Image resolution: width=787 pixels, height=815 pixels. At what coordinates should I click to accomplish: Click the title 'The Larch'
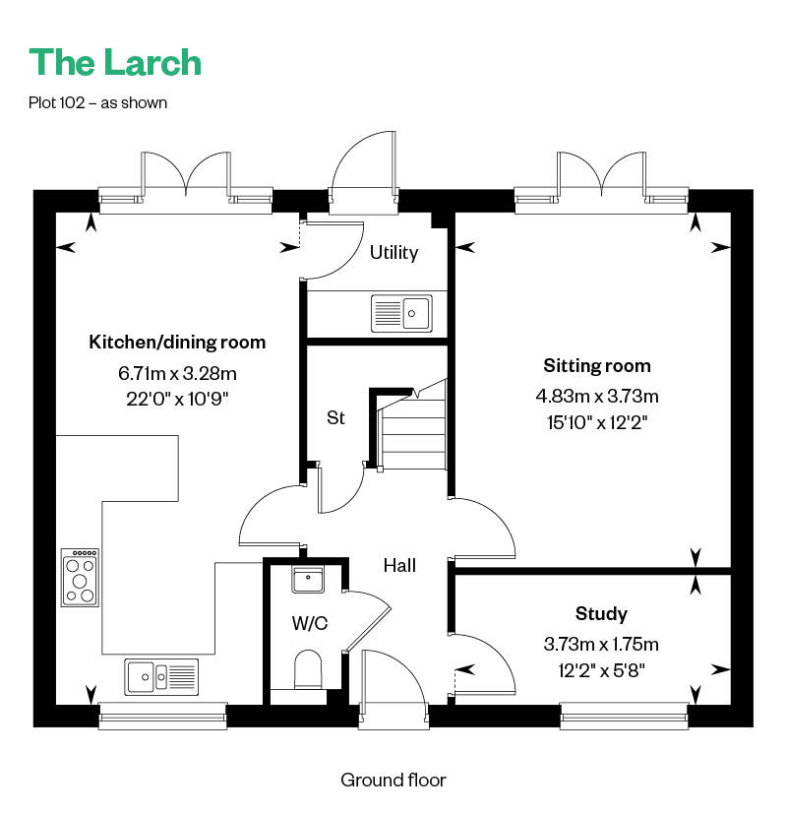(115, 62)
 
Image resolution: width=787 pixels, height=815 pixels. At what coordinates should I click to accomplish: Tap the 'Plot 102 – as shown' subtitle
(97, 103)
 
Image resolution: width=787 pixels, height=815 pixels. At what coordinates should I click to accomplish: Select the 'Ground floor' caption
(393, 780)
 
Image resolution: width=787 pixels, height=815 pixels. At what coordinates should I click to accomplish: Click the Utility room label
(393, 253)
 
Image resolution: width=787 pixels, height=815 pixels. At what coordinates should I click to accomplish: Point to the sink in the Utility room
(401, 313)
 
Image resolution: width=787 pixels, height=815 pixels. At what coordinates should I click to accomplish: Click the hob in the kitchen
(80, 578)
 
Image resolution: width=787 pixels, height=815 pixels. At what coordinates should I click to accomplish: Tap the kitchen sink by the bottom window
(161, 677)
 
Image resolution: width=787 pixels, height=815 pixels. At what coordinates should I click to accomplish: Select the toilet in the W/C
(308, 669)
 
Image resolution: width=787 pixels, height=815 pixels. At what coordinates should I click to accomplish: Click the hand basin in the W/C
(308, 580)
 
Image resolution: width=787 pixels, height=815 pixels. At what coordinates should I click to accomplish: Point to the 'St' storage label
(335, 417)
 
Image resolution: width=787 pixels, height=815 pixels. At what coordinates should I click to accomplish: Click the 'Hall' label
(399, 566)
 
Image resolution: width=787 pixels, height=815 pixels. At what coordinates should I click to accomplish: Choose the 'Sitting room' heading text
(597, 366)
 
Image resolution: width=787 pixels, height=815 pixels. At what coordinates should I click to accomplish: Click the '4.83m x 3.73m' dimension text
(597, 397)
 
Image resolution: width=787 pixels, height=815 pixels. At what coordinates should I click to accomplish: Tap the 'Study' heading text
(601, 614)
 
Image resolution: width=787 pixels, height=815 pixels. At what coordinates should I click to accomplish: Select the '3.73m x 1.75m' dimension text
(601, 645)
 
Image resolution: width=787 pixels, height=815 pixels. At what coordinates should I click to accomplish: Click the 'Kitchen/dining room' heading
(177, 343)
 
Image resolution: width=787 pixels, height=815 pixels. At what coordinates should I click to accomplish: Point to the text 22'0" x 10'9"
(177, 400)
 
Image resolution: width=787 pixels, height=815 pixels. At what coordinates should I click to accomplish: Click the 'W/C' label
(310, 623)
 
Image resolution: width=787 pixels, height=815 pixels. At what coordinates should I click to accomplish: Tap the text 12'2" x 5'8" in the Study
(601, 671)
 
